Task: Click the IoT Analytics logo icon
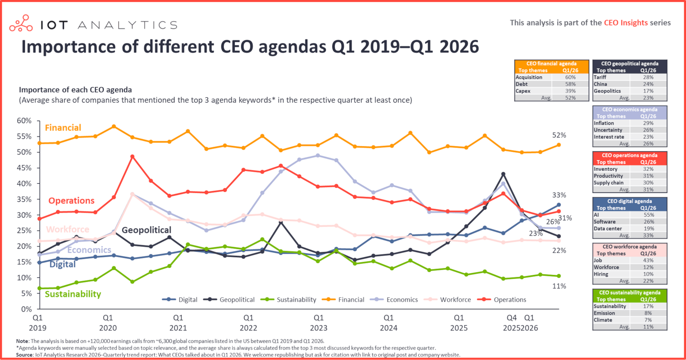(21, 23)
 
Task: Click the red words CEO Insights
(626, 23)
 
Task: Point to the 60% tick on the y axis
(24, 121)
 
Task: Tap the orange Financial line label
(63, 128)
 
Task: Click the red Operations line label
(71, 201)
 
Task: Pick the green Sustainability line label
(73, 294)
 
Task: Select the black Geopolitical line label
(146, 230)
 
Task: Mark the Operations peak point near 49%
(132, 157)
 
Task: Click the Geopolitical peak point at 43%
(503, 174)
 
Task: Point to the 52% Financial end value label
(559, 135)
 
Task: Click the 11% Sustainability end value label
(559, 286)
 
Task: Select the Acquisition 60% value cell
(570, 77)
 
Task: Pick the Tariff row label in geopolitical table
(600, 77)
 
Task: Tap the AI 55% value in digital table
(648, 215)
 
